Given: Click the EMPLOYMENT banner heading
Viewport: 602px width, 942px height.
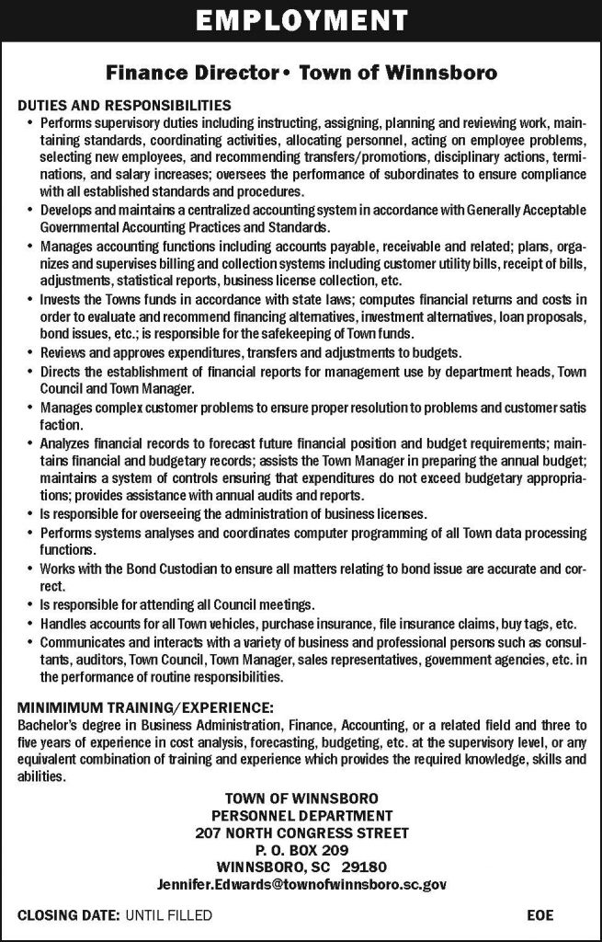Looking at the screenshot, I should tap(301, 21).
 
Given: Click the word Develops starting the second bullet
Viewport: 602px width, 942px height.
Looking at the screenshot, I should tap(66, 212).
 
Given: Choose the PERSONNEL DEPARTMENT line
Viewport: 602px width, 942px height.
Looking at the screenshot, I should tap(301, 816).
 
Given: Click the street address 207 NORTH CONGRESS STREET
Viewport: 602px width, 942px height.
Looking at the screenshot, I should tap(301, 833).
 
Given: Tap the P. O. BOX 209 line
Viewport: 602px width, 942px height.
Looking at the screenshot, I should tap(301, 850).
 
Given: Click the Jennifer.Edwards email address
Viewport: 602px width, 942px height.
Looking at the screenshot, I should tap(301, 884).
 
